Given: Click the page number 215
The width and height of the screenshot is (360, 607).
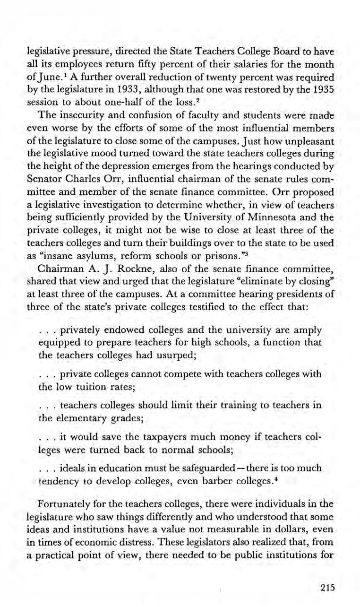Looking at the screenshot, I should click(326, 588).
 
